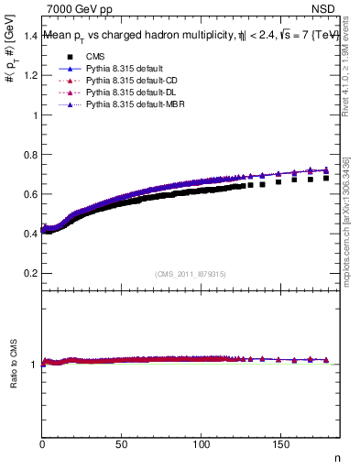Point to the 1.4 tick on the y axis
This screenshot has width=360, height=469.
[31, 36]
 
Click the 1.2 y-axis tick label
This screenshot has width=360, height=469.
[31, 76]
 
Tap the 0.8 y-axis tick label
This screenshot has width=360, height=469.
[31, 155]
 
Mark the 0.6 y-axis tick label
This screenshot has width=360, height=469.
[31, 194]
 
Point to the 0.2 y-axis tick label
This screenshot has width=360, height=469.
[31, 273]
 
